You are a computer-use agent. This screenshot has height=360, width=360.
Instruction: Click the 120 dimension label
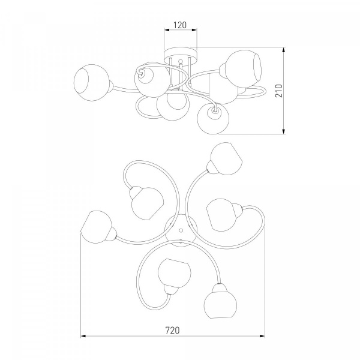(x=180, y=25)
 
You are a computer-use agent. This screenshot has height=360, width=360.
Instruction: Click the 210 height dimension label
(x=279, y=91)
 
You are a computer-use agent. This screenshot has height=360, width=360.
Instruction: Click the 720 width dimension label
(x=172, y=331)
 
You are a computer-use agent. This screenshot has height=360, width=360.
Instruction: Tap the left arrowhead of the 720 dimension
(x=83, y=336)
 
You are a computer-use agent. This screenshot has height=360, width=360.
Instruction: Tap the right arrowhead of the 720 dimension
(x=262, y=336)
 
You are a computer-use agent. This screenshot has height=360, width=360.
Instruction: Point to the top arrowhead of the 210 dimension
(x=284, y=50)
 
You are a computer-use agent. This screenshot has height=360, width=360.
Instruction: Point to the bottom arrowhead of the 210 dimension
(x=284, y=131)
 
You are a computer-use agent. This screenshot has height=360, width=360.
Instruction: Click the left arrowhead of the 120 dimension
(x=167, y=30)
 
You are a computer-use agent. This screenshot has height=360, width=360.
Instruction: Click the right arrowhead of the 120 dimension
(x=194, y=30)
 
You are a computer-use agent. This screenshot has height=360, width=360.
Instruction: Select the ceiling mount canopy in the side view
(x=181, y=56)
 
